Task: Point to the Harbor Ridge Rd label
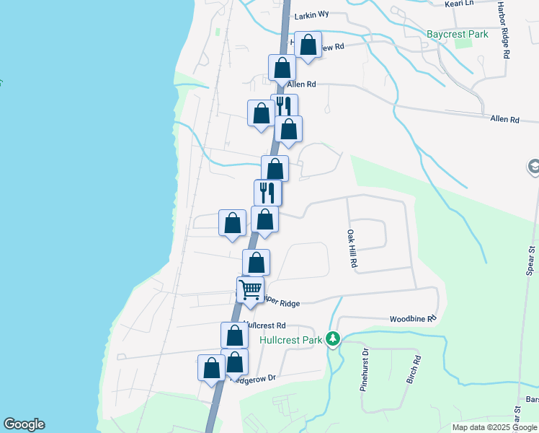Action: [x=505, y=35]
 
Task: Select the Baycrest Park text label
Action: [x=457, y=34]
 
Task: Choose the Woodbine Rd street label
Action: [x=414, y=318]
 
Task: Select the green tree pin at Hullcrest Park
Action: [x=332, y=338]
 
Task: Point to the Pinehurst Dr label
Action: [x=365, y=369]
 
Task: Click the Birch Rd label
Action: [x=414, y=369]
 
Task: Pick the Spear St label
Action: [x=530, y=261]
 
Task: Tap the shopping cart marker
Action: [x=251, y=290]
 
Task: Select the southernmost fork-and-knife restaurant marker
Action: [x=267, y=192]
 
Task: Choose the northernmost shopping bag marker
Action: [x=308, y=45]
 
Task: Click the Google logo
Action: [x=24, y=424]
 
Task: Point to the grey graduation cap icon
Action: [x=534, y=167]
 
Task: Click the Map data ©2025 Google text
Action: [x=495, y=427]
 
